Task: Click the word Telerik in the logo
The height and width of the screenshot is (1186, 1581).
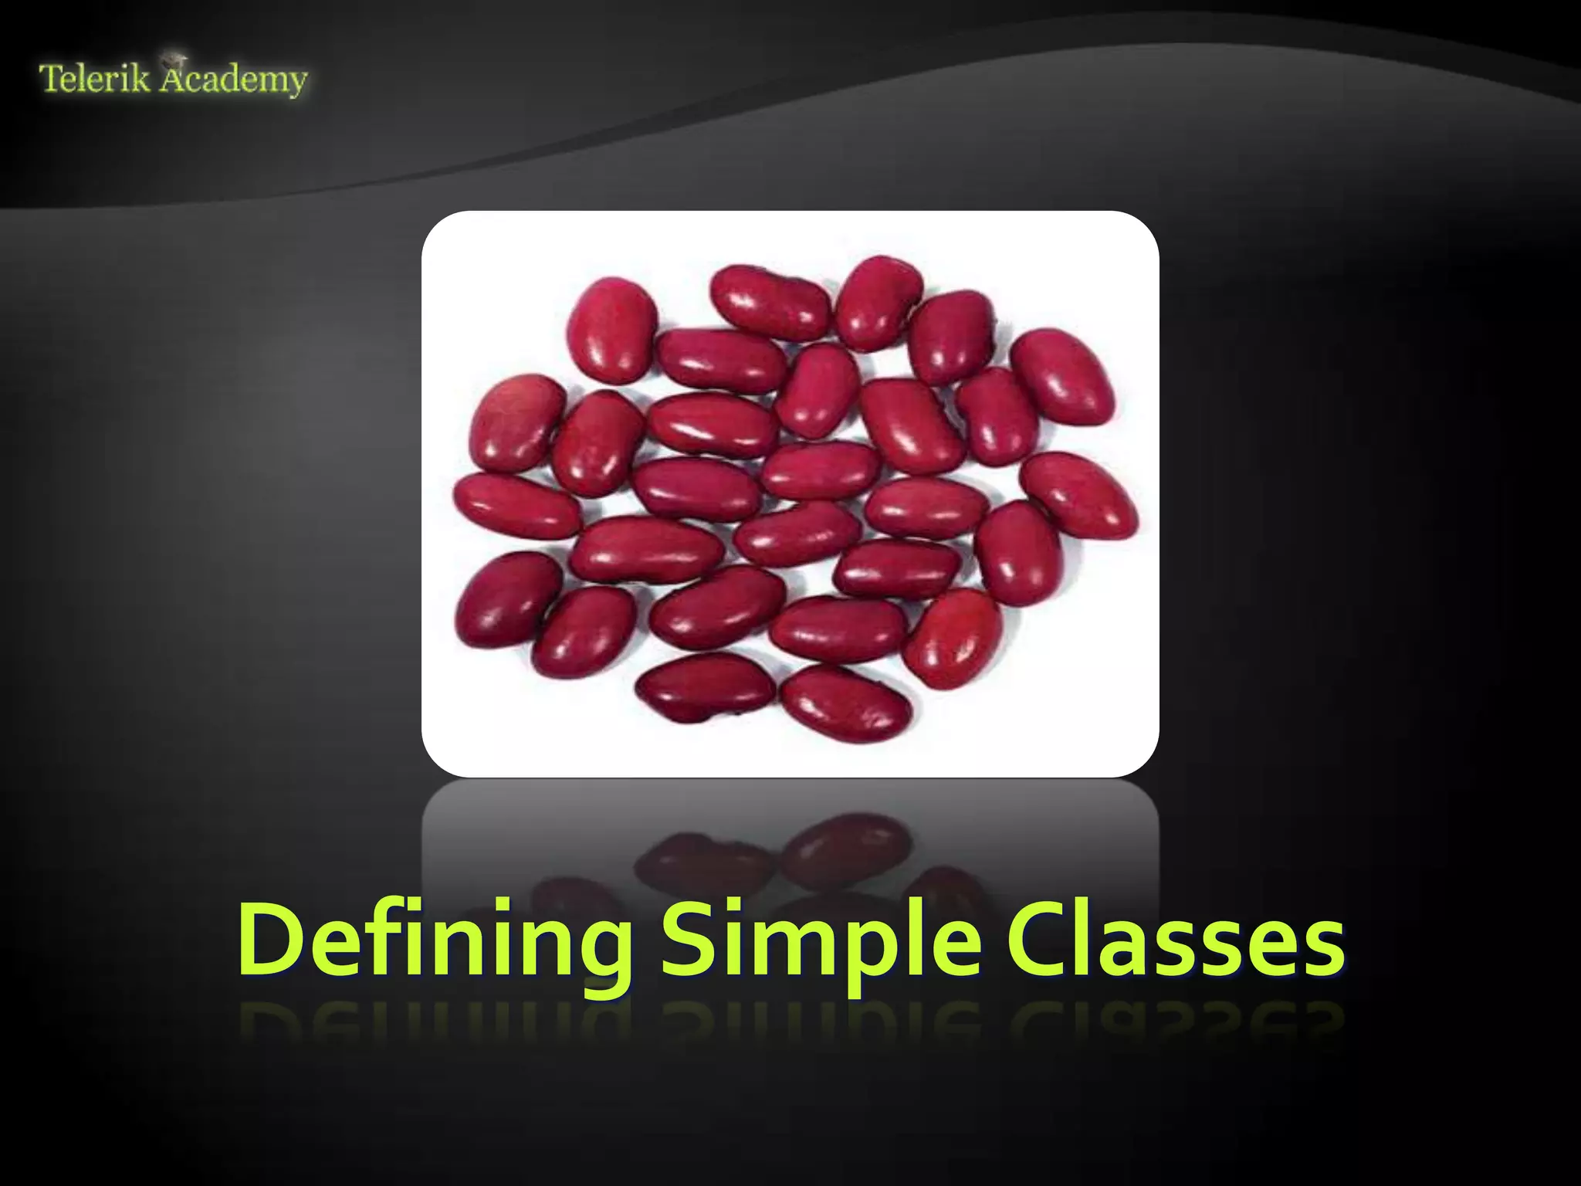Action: point(94,80)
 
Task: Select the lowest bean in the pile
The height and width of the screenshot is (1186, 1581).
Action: point(845,703)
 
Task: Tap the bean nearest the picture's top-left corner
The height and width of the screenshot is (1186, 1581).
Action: point(612,329)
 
